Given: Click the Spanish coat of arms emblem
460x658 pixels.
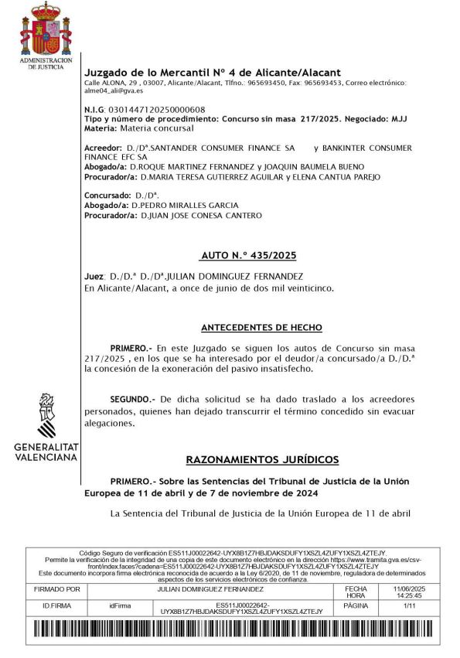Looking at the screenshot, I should click(x=46, y=30).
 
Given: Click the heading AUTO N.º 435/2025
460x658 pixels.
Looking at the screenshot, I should click(x=249, y=254).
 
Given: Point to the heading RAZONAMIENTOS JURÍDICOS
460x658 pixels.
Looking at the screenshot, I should click(x=263, y=459).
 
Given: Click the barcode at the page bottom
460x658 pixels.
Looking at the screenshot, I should click(x=230, y=630).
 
